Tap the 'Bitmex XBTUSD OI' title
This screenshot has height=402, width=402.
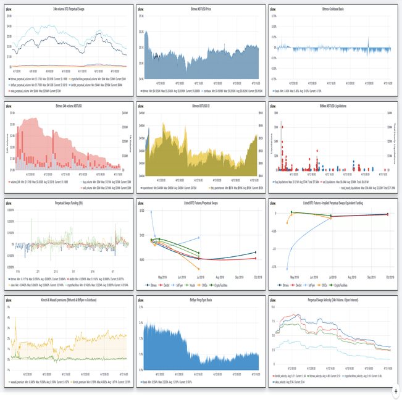(x=201, y=106)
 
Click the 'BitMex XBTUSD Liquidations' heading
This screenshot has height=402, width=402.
(x=334, y=106)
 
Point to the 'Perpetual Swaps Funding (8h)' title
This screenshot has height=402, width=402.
(x=69, y=203)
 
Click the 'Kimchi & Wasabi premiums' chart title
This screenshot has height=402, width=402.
(x=69, y=299)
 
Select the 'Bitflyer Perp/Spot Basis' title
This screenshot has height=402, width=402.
(x=201, y=299)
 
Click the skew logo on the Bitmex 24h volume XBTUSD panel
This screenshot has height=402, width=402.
(x=9, y=106)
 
